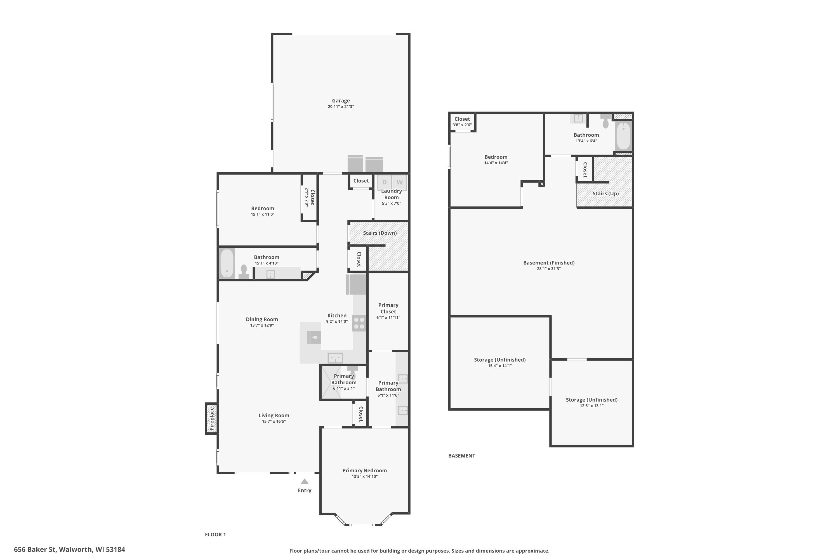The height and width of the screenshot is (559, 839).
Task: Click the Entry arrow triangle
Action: [x=304, y=482]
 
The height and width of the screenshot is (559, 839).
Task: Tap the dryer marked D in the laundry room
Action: [x=384, y=182]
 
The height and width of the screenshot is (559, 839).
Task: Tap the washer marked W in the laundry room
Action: [x=400, y=182]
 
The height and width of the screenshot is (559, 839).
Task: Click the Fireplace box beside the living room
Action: [x=211, y=418]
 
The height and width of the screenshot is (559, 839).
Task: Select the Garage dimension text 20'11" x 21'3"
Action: [x=341, y=106]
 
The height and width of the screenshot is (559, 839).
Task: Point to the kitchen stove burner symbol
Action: [x=359, y=323]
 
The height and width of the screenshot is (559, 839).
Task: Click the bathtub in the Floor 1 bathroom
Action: [x=227, y=264]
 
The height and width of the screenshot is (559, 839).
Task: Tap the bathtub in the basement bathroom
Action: [x=623, y=136]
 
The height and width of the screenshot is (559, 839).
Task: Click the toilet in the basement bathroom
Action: [x=605, y=122]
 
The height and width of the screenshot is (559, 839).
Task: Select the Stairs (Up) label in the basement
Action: [x=605, y=194]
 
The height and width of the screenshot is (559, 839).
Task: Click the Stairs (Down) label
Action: [x=380, y=233]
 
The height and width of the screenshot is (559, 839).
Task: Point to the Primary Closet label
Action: [x=388, y=308]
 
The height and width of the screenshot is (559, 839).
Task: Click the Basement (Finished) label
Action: [x=549, y=263]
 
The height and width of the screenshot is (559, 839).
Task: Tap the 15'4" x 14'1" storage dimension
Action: [x=499, y=366]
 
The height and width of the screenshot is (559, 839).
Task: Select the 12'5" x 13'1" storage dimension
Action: [x=591, y=406]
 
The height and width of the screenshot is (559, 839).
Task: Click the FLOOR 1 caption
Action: [x=215, y=534]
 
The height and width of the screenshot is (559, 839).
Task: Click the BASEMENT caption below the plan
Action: [x=462, y=456]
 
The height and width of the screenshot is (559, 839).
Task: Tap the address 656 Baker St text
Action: [x=70, y=549]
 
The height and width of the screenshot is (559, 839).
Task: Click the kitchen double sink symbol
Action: [x=335, y=357]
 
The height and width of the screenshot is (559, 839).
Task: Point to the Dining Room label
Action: [x=261, y=319]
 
